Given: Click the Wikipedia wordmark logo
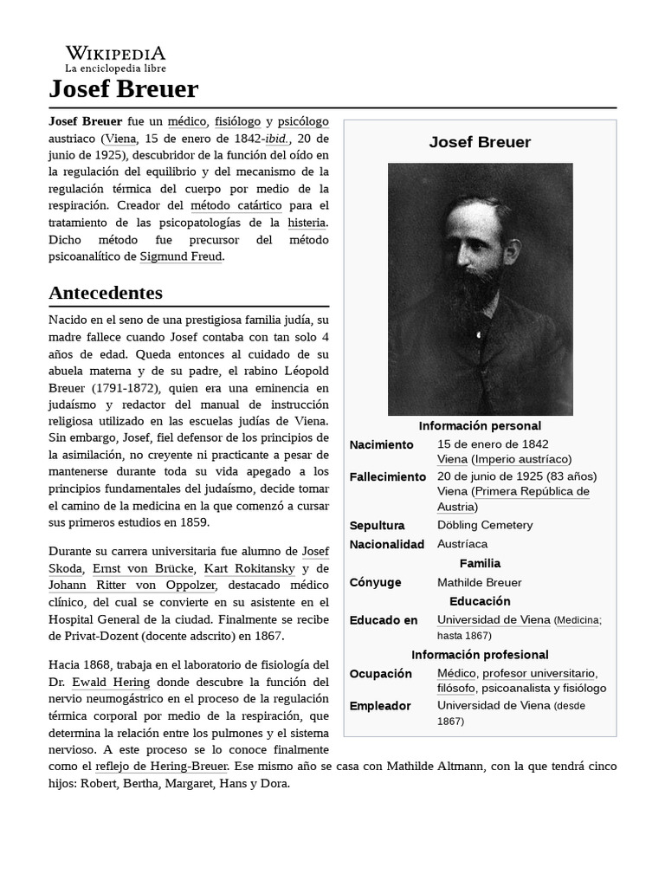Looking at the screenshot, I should (115, 54).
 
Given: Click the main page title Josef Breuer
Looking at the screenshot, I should (124, 88).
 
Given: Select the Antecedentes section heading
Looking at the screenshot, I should (106, 292).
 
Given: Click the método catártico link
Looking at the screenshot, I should (236, 205).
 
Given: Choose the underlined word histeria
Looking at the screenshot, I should (307, 223).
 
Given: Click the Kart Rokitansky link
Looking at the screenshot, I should (249, 568).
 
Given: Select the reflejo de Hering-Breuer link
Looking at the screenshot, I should (161, 767).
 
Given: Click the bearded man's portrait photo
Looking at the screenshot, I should (480, 288).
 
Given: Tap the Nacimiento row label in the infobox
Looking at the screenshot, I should (381, 444).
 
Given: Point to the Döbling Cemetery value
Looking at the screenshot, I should (485, 525).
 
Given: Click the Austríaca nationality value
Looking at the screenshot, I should (462, 544).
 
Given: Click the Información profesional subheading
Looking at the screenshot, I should (480, 655).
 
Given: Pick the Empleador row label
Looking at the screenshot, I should (380, 706).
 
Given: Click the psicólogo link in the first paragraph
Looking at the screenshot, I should (303, 121).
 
